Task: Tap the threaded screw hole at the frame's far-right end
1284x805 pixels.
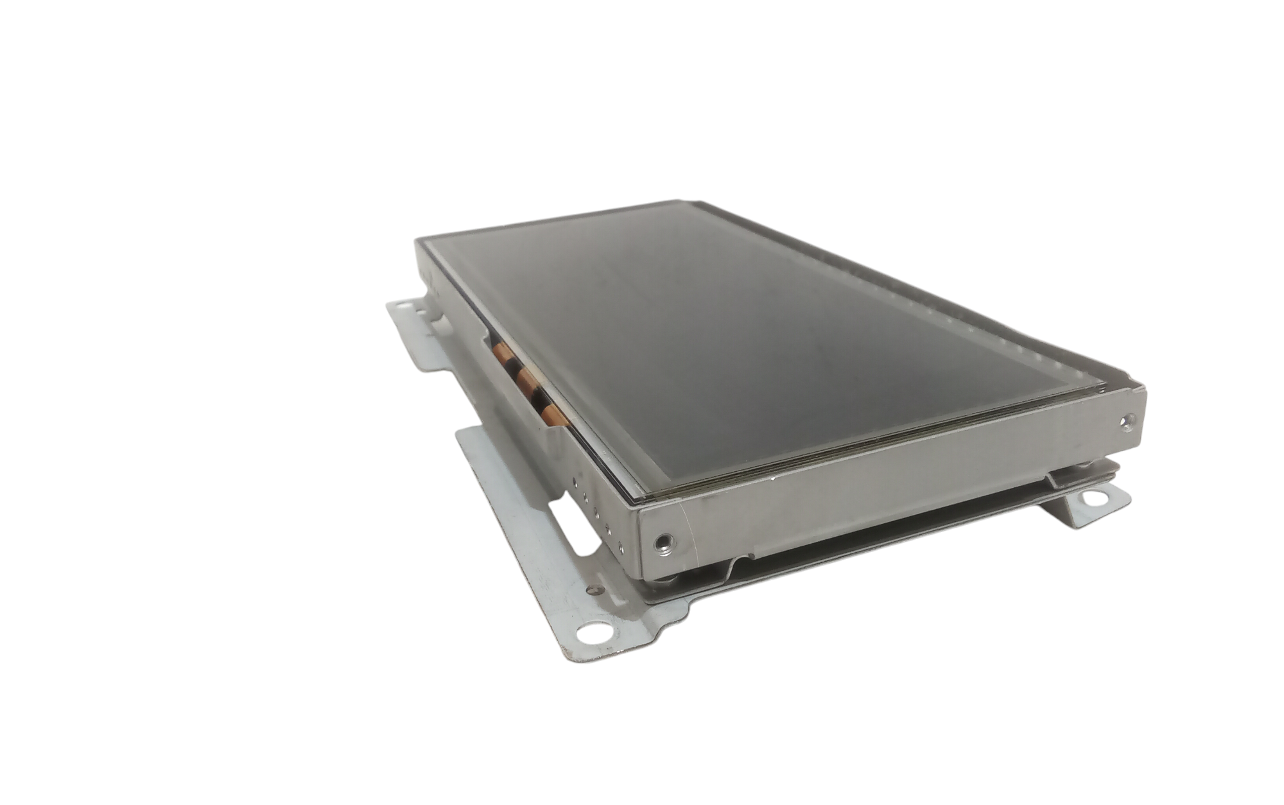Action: point(1124,421)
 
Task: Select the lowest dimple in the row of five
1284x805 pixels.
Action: point(620,546)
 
